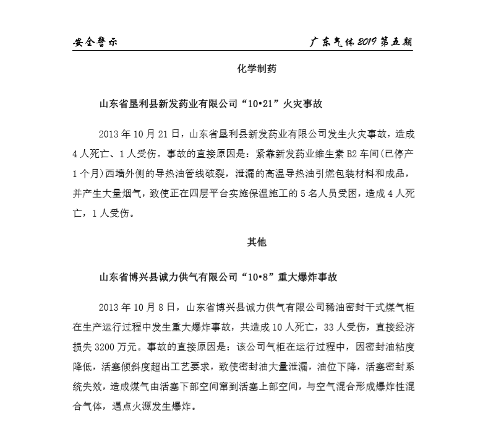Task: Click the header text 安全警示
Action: click(x=95, y=42)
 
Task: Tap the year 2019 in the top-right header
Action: click(x=366, y=42)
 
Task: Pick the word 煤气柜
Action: click(x=405, y=306)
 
